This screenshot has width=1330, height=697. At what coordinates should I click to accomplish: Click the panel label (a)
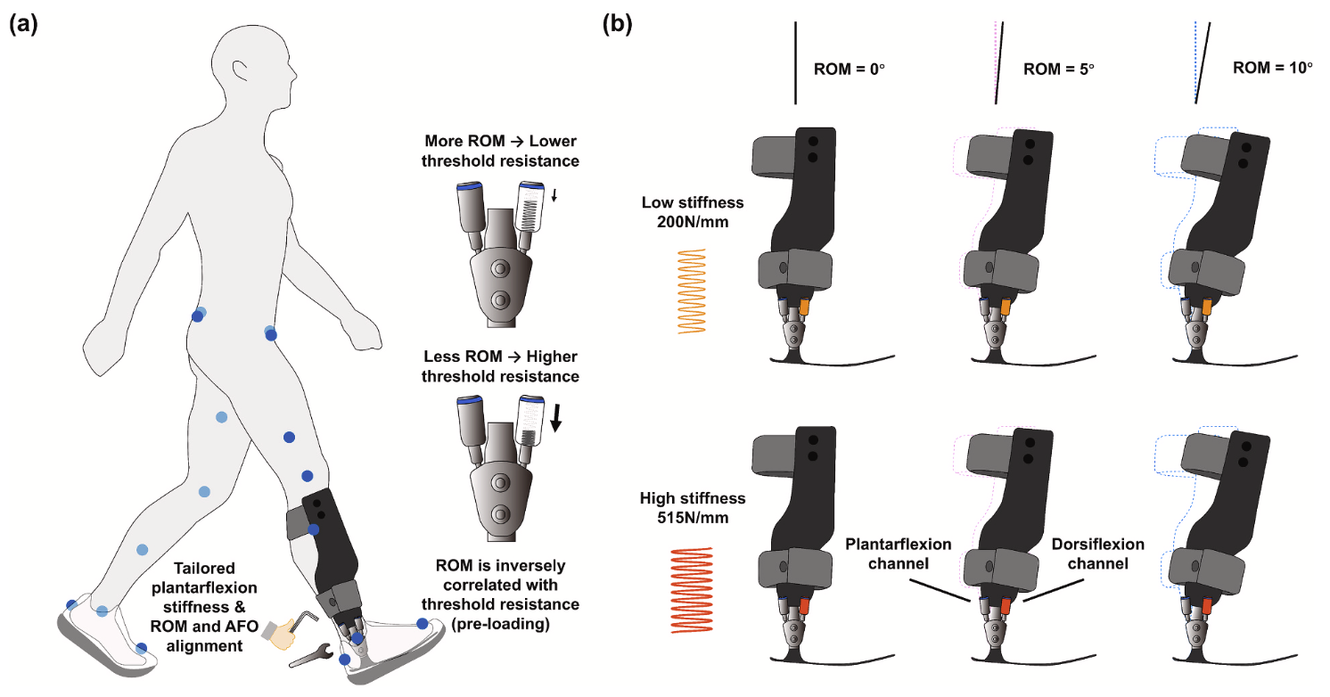(23, 24)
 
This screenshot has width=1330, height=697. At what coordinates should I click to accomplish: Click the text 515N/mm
(692, 516)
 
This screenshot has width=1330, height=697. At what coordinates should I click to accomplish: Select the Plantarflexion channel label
(898, 554)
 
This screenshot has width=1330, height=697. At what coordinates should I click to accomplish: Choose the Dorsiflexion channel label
(1098, 554)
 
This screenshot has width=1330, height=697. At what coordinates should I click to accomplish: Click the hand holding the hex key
(283, 629)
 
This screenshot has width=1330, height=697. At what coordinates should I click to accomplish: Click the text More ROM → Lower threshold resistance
(502, 152)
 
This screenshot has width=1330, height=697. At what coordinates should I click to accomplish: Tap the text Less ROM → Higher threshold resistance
(502, 366)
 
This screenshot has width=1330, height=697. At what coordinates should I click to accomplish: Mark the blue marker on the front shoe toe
(422, 623)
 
